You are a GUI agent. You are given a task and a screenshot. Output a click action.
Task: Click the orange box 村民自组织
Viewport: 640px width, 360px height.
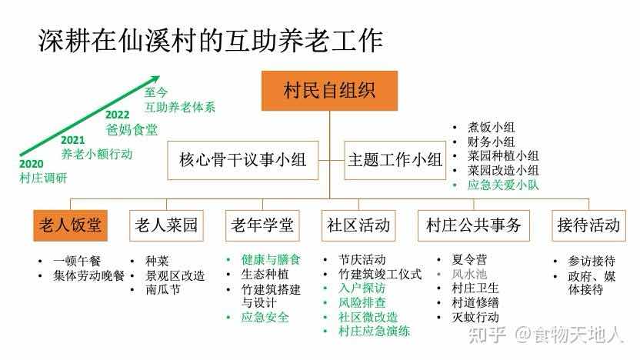329,91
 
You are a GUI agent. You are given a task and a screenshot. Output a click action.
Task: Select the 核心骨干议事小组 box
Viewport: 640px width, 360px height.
242,160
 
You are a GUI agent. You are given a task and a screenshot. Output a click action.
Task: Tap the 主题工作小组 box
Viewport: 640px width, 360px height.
395,160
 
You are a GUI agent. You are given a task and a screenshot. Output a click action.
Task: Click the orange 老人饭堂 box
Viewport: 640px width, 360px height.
70,225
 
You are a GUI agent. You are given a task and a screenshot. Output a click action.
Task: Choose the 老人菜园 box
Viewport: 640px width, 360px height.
166,225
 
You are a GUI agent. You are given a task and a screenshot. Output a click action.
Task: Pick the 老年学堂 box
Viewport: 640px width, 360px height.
262,225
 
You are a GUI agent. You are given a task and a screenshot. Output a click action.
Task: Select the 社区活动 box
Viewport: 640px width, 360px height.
358,225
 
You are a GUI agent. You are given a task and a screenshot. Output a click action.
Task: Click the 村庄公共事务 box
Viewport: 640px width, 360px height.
474,225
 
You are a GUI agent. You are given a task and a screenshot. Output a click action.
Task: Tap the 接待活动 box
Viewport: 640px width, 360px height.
588,225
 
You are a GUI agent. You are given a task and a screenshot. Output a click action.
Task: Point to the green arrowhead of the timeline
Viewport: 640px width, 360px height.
155,79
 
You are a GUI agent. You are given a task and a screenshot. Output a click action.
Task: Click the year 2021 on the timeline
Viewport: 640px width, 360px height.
72,140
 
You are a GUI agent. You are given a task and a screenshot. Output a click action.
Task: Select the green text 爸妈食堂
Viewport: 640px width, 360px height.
132,130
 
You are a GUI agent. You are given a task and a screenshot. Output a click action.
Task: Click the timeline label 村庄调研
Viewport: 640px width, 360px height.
43,178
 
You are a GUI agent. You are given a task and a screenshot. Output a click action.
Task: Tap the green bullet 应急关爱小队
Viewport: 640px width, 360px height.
503,185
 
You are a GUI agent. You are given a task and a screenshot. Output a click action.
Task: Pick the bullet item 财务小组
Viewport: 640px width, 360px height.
491,142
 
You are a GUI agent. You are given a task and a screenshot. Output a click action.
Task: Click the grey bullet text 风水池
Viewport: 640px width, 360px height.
469,274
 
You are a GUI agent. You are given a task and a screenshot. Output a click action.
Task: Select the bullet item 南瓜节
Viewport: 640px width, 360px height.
163,289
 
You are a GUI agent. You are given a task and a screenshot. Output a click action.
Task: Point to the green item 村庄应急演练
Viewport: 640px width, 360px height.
374,331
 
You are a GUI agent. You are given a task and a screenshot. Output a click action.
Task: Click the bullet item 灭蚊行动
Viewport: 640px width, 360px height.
475,317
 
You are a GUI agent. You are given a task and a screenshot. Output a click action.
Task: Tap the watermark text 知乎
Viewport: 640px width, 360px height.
488,335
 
